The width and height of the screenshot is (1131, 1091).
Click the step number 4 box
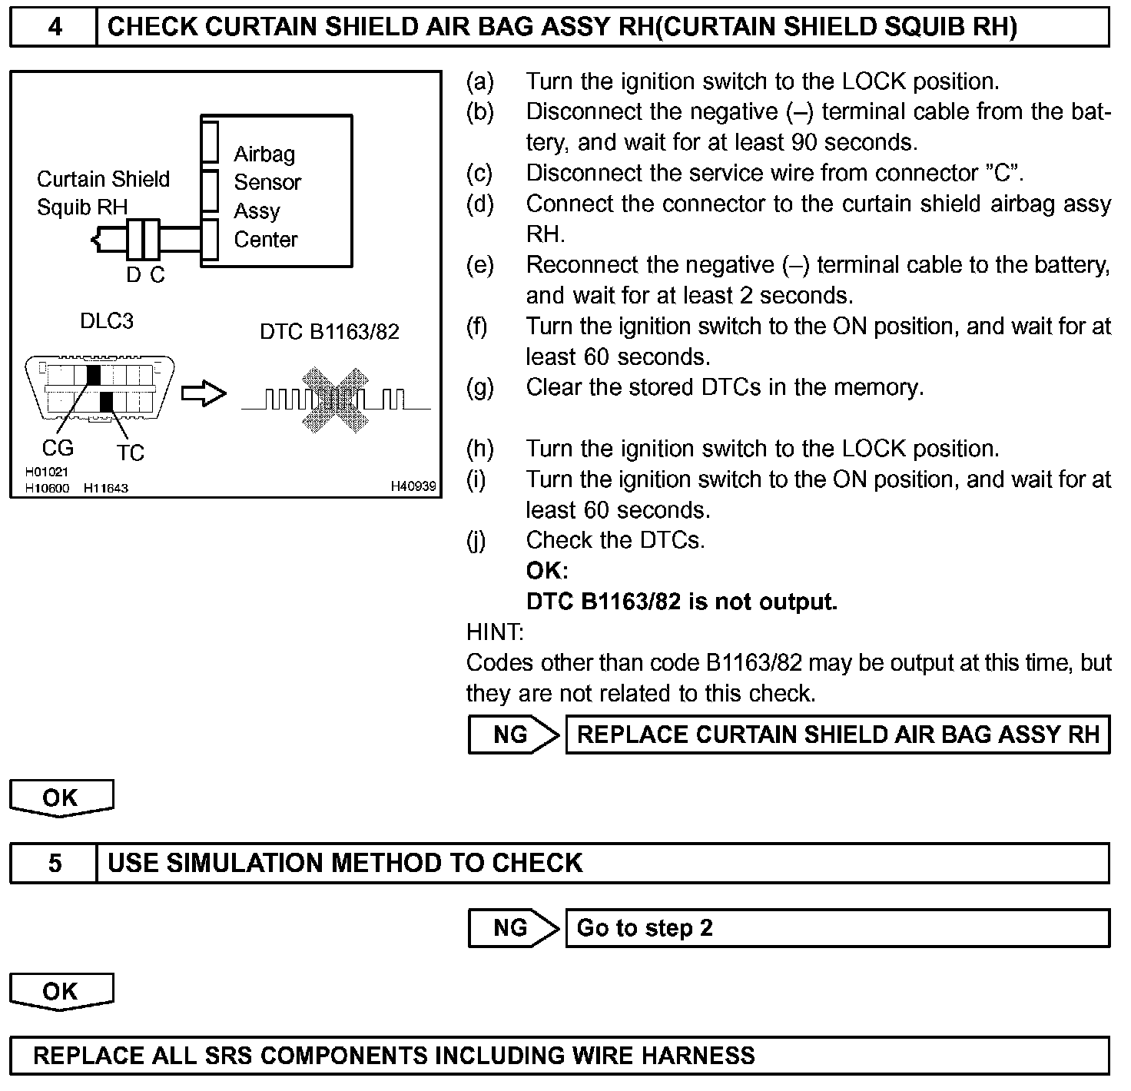[x=54, y=28]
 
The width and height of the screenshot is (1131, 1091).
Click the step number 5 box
[x=54, y=863]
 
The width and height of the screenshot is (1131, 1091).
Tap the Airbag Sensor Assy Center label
[x=267, y=197]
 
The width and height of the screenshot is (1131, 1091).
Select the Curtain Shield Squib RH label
[x=103, y=193]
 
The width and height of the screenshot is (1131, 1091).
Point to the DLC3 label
[x=107, y=320]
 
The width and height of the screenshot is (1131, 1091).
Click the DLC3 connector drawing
[x=101, y=389]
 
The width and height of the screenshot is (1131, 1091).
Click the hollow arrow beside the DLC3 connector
[x=204, y=394]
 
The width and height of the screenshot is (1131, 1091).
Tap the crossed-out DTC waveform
[x=335, y=400]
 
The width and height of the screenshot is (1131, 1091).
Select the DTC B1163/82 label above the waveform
[x=330, y=332]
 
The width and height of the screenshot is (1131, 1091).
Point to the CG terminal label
[x=58, y=447]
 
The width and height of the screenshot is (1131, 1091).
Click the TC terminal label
[x=131, y=453]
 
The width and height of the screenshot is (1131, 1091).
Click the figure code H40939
[x=413, y=486]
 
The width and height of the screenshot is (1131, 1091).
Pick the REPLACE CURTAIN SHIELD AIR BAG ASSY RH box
[x=837, y=735]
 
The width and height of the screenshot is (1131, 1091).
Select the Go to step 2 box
[x=837, y=928]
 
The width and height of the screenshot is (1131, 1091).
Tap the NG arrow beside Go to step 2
[x=513, y=928]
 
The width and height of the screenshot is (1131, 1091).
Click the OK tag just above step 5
[x=61, y=798]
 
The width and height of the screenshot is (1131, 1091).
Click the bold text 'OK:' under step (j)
[x=547, y=571]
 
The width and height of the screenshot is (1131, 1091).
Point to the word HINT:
[x=495, y=632]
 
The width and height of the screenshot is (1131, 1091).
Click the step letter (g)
[x=480, y=387]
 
